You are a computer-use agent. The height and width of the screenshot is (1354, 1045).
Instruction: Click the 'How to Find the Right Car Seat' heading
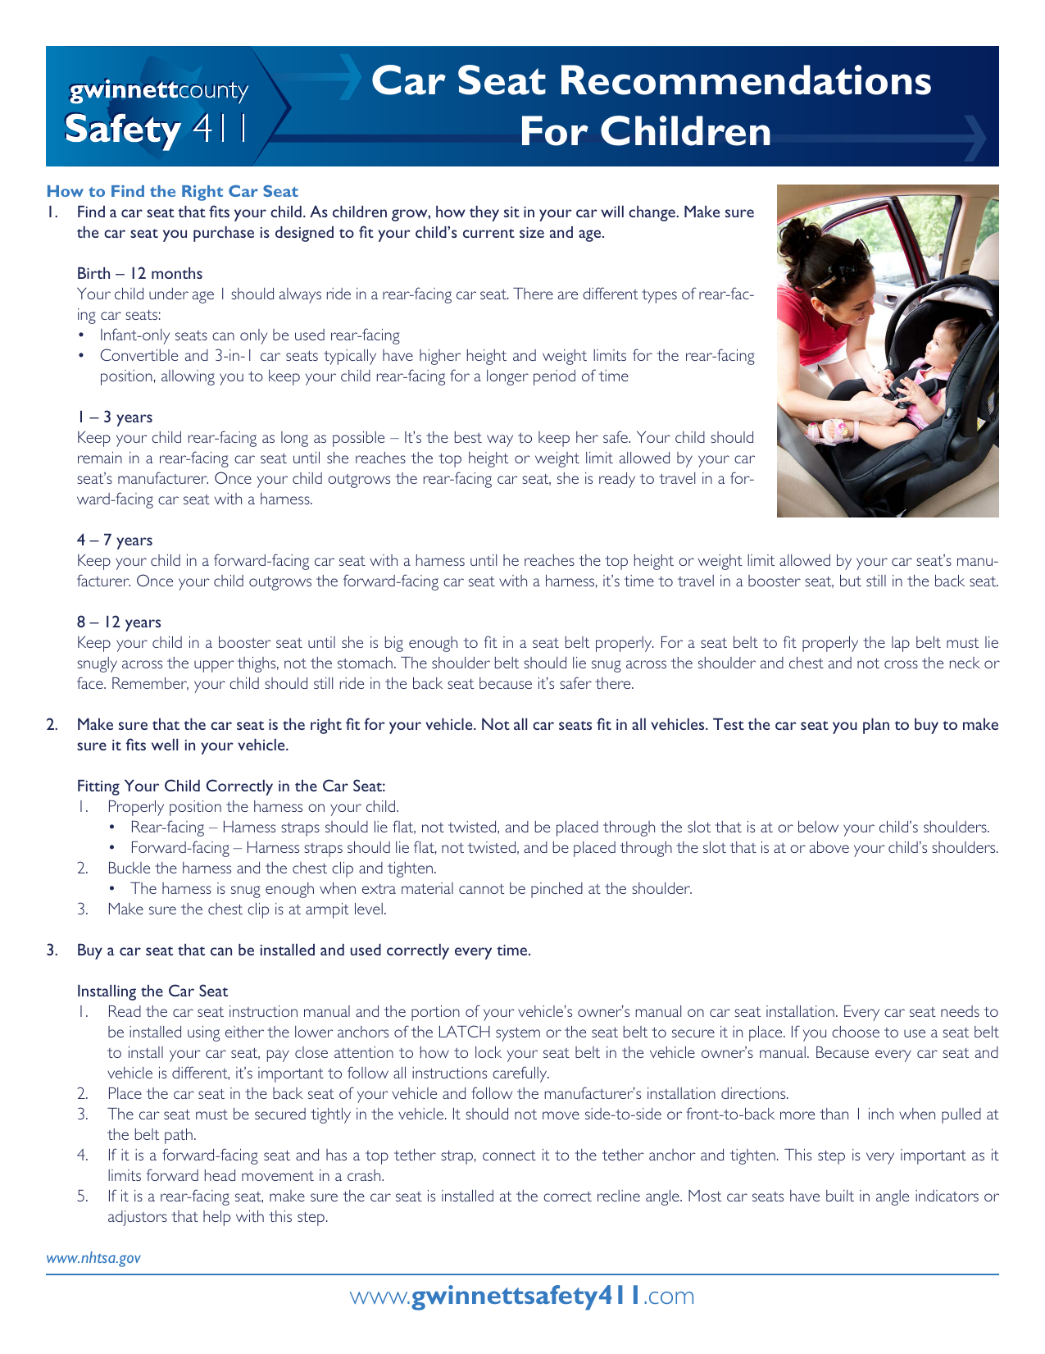click(172, 191)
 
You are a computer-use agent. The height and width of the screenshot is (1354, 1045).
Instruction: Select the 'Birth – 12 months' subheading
click(139, 273)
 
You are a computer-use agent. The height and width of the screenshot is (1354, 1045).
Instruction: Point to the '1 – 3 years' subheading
click(114, 417)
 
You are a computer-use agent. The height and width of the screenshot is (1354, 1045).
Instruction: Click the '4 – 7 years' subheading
click(114, 540)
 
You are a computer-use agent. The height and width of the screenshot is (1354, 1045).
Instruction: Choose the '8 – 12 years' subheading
click(119, 622)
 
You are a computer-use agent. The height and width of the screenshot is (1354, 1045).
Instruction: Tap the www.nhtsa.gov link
click(93, 1257)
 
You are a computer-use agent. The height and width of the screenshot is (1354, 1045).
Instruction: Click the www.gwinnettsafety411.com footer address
click(522, 1296)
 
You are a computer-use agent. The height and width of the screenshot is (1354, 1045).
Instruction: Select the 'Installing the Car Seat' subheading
click(152, 991)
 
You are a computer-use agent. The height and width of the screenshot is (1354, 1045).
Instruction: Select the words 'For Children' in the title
click(645, 131)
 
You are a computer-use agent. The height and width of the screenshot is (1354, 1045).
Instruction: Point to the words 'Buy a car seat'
click(128, 950)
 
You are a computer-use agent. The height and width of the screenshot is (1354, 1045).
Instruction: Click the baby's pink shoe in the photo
click(824, 430)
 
